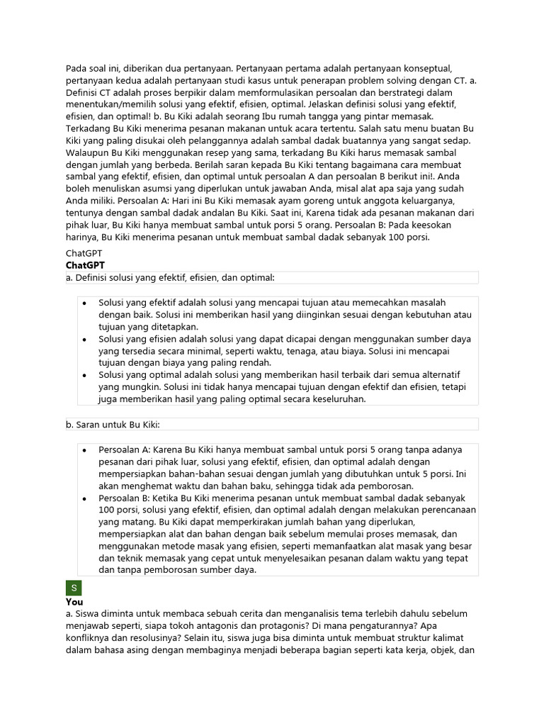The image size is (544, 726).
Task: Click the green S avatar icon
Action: (74, 588)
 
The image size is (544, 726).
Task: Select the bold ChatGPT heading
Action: (85, 264)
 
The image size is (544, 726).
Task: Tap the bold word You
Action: (74, 601)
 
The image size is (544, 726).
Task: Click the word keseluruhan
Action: (333, 399)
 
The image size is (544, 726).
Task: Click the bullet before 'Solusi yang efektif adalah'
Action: (84, 302)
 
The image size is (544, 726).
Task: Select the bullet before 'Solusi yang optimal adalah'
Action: (84, 374)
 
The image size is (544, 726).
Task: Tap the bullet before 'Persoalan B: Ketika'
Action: (84, 498)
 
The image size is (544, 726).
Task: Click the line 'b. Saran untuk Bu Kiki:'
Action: (113, 424)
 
